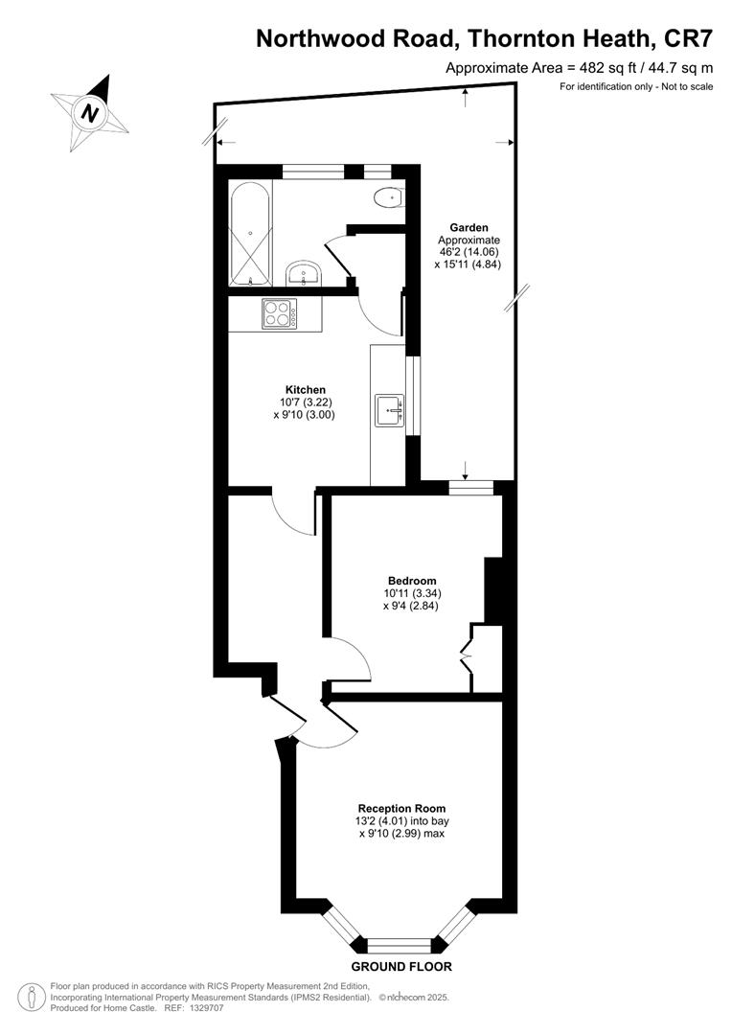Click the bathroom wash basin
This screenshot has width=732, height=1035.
coord(304,272)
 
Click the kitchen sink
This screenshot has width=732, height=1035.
coord(391,410)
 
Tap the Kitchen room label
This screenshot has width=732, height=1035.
coord(305,389)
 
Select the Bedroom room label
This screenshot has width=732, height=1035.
coord(412,581)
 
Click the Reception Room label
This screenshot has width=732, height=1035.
coord(401,808)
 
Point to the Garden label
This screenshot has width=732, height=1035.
coord(469,228)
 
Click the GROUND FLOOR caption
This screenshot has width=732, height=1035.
coord(401,967)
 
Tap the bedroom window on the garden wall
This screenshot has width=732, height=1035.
coord(470,488)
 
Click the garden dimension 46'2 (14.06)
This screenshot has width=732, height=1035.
coord(469,252)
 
